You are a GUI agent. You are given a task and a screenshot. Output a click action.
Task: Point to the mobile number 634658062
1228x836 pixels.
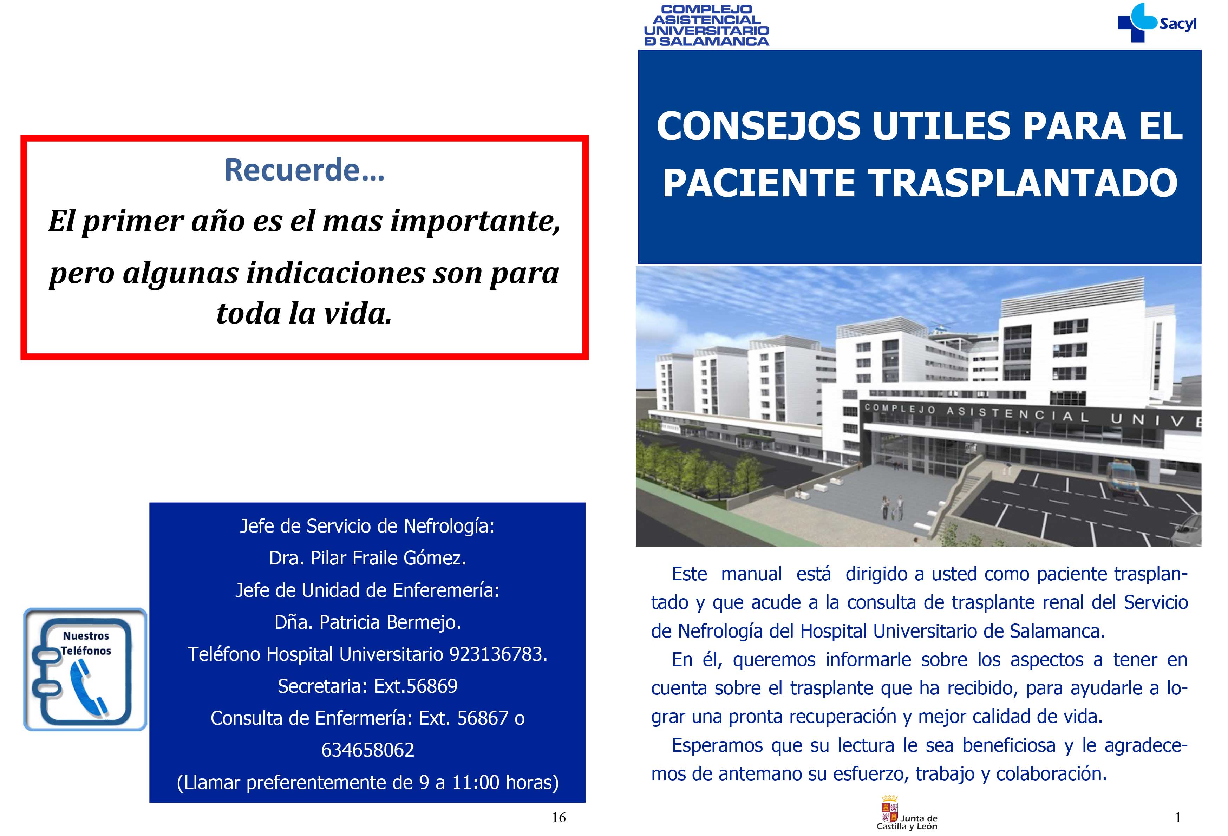click(368, 750)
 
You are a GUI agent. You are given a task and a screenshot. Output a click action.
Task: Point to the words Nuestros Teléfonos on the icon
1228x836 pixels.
click(86, 643)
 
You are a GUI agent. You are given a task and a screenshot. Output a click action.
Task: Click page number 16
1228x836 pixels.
click(559, 818)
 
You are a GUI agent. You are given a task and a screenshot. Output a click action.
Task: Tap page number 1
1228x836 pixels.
click(1178, 818)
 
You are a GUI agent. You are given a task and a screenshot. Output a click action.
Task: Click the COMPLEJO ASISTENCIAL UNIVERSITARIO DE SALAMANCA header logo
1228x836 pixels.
click(706, 25)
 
